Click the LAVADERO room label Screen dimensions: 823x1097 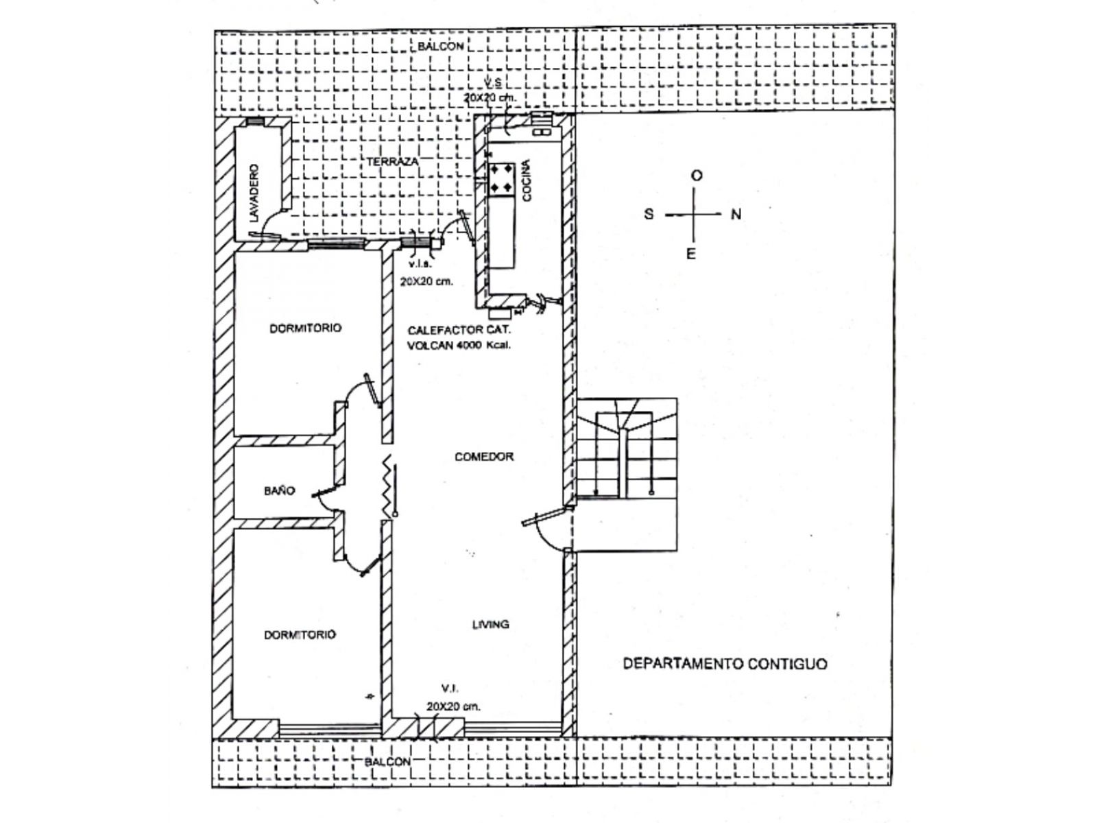[x=254, y=193]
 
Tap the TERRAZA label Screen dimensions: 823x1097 [x=392, y=162]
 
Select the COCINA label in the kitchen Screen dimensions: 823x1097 [x=527, y=180]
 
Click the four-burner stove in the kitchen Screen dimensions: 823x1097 [x=501, y=178]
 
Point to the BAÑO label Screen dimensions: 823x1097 [x=279, y=491]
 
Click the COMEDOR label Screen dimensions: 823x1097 [x=484, y=457]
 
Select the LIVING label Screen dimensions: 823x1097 [x=490, y=625]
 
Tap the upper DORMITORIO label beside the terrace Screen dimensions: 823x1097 [x=305, y=329]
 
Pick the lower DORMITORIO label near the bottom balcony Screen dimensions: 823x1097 [x=300, y=635]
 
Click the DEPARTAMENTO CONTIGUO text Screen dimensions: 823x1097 [x=725, y=664]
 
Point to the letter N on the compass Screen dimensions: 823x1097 [x=736, y=215]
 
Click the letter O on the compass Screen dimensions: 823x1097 [x=697, y=176]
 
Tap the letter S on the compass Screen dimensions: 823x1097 [x=649, y=215]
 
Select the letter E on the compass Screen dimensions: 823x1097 [x=691, y=254]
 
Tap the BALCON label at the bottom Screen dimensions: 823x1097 [x=387, y=762]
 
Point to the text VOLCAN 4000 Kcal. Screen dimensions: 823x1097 [x=459, y=346]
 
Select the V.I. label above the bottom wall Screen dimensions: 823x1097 [x=449, y=688]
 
